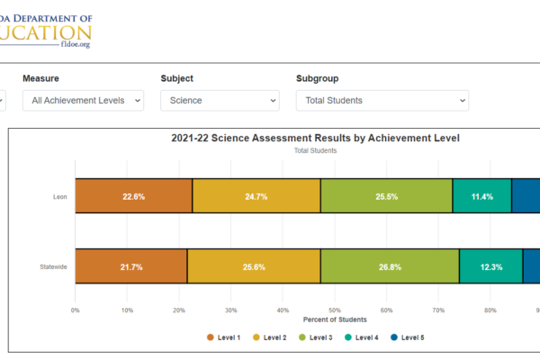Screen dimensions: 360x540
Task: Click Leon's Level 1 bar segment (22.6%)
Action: coord(133,196)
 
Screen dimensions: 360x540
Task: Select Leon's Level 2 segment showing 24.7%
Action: coord(256,196)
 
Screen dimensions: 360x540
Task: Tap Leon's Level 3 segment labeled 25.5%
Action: coord(386,196)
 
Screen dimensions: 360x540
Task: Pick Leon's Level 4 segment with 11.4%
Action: coord(481,196)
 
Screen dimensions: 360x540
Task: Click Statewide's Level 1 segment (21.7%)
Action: coord(130,266)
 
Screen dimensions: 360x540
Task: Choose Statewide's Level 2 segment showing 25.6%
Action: coord(253,266)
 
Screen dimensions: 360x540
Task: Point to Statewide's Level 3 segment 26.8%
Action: coord(390,266)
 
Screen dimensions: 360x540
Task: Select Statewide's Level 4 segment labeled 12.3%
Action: coord(490,266)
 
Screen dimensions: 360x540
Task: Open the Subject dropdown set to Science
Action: coord(220,101)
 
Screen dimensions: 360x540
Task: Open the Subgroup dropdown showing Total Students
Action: coord(382,101)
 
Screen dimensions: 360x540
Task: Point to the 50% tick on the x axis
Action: coord(335,310)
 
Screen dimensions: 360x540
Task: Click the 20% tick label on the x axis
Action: coord(179,310)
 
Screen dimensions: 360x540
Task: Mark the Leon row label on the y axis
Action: coord(60,196)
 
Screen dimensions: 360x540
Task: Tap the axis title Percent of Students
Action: coord(335,320)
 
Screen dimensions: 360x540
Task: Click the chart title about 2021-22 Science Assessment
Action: coord(315,139)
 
